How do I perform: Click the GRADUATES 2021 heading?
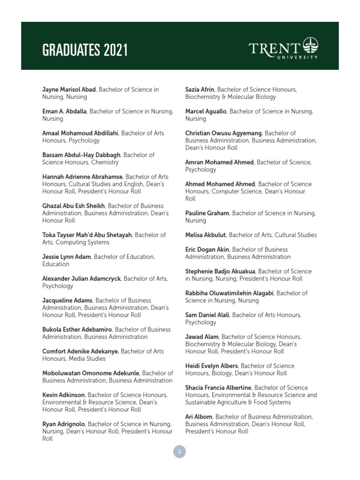85,50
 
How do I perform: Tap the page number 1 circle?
180,452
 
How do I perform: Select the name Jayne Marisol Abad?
69,90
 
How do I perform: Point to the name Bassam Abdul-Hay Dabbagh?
82,155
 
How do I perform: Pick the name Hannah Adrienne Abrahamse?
82,177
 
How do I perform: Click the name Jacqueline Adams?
67,300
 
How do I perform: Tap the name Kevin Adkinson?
63,395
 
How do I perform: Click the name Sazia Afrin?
200,90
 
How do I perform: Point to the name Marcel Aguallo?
206,112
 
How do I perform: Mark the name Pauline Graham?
207,213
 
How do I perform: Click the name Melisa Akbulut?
205,235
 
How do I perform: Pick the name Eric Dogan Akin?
207,249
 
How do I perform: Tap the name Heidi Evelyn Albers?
212,366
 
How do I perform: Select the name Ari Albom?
199,417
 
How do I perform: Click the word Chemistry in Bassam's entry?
105,162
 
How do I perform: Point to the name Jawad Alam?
202,337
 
